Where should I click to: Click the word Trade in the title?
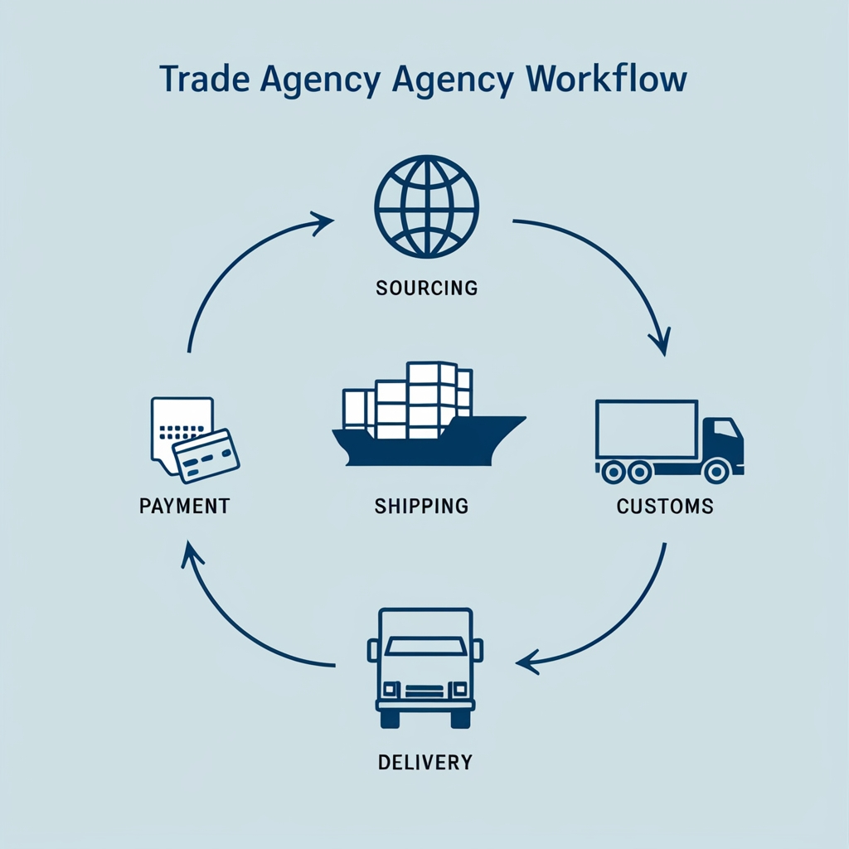point(199,80)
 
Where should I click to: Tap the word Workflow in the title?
point(606,80)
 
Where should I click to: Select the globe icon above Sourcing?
point(426,207)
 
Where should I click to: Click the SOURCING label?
point(426,289)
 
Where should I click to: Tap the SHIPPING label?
point(421,505)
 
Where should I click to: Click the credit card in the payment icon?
point(206,454)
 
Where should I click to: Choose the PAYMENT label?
point(185,505)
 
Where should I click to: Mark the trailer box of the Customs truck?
point(647,429)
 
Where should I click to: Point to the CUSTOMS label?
point(665,505)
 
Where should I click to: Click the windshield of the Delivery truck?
point(425,647)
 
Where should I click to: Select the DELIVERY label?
point(424,761)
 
